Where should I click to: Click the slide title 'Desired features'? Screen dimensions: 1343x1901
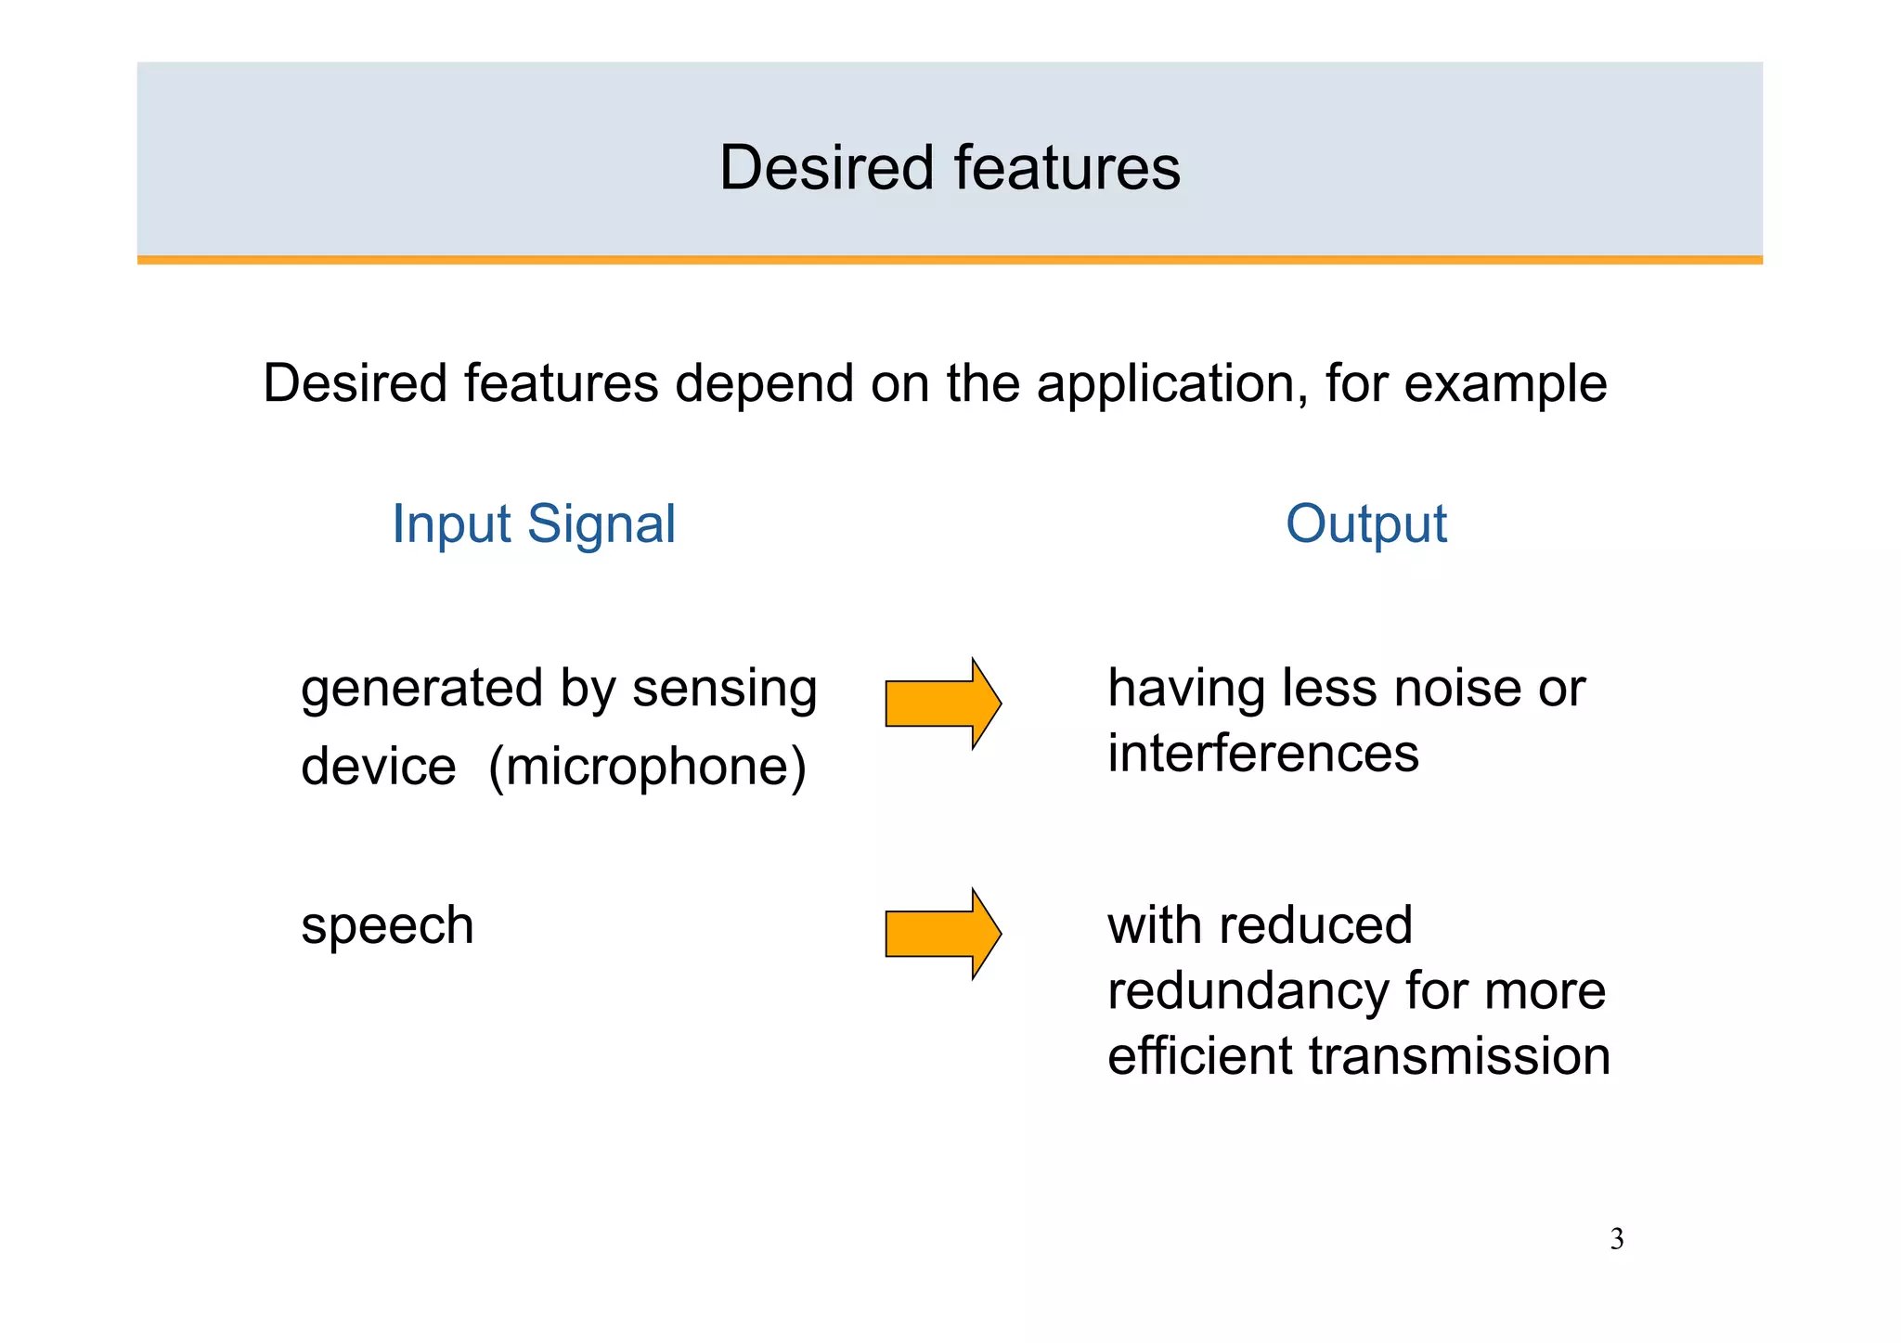[950, 168]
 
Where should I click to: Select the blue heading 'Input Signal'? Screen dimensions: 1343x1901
[534, 524]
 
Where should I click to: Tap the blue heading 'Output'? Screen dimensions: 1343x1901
[1365, 524]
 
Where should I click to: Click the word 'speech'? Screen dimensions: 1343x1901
[387, 926]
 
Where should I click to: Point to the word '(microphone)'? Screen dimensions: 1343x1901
[647, 768]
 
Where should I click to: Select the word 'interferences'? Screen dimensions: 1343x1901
[1263, 753]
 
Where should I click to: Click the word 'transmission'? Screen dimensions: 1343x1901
[1459, 1056]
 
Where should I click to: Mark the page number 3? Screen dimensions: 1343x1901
[1617, 1240]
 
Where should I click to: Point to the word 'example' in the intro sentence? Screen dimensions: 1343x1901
[1506, 384]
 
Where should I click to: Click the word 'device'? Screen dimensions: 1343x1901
[379, 768]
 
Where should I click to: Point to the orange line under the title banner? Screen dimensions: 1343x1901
[950, 260]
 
